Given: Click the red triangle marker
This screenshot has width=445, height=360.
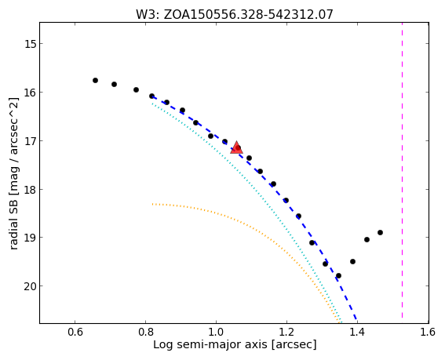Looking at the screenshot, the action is (236, 147).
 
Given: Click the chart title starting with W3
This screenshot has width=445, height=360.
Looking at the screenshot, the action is (235, 14).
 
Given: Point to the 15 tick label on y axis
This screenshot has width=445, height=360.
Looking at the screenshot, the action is (28, 44).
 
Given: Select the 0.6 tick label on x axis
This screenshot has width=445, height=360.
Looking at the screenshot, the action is (75, 332).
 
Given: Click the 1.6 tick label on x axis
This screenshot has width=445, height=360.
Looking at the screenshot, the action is (429, 332).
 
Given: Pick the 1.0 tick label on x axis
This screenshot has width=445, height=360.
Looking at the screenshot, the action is (217, 332).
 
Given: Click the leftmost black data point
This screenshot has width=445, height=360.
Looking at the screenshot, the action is (96, 80).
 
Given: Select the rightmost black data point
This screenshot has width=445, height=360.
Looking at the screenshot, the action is (381, 233).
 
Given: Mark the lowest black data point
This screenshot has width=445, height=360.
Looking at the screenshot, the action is (338, 276).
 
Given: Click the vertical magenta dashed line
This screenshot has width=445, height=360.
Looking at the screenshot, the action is (402, 170).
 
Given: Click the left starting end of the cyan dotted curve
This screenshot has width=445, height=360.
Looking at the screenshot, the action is (152, 104).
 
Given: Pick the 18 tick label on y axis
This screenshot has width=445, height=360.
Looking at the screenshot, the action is (28, 189).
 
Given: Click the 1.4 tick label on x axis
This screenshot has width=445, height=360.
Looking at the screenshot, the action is (358, 332).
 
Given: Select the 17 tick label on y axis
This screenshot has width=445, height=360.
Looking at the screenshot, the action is (28, 140).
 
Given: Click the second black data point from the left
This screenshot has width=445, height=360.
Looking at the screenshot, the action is (114, 84).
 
